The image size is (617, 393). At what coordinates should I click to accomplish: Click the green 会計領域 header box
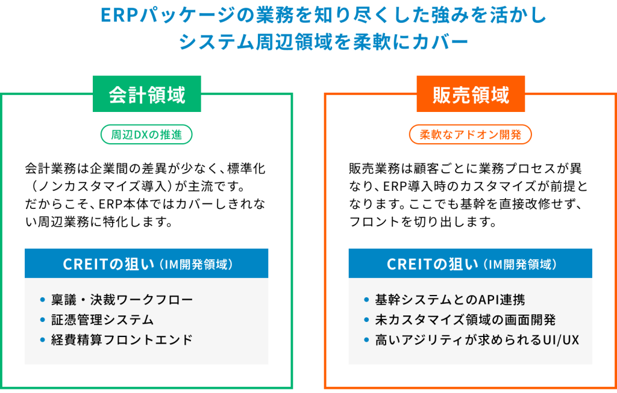pos(147,94)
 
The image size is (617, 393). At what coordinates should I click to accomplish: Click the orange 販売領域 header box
pos(471,94)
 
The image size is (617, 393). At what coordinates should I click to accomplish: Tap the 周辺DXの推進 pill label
pos(146,134)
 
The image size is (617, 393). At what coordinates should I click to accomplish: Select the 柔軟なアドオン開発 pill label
pos(470,134)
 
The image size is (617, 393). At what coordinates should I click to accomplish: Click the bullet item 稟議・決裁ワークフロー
pos(122,300)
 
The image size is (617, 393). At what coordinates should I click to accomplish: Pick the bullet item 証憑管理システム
pos(102,320)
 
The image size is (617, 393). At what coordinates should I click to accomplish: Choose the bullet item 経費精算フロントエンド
pos(122,339)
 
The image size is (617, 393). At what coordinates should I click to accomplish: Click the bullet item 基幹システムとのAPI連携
pos(449,300)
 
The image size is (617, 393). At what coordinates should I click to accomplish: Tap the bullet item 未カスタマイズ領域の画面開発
pos(465,320)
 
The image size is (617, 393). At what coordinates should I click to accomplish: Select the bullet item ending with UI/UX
pos(477,339)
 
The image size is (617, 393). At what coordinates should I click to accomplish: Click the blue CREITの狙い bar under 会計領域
pos(146,264)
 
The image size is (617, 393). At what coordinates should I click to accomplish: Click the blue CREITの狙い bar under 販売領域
pos(470,264)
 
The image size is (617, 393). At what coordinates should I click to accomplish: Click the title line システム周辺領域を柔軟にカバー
pos(324,42)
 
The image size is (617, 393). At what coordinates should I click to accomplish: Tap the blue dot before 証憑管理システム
pos(43,320)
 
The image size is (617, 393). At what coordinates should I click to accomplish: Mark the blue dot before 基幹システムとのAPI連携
pos(366,300)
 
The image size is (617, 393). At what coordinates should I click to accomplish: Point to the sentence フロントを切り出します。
pos(423,221)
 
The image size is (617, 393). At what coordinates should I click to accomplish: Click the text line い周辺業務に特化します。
pos(99,221)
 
